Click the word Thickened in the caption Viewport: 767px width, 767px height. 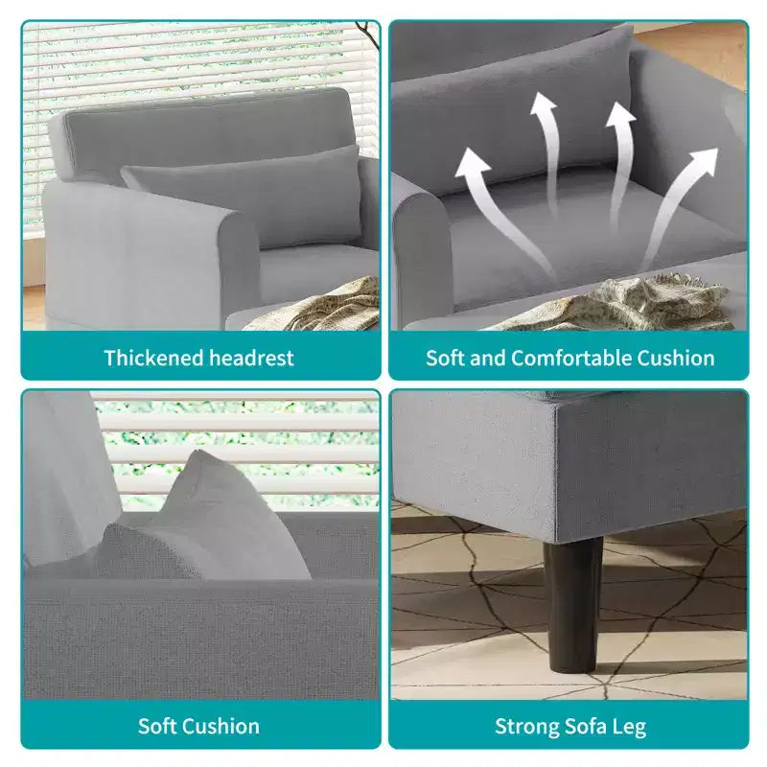153,358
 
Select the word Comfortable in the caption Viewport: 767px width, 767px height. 571,358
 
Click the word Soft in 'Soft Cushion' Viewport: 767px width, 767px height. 155,726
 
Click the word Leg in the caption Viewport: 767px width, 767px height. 629,728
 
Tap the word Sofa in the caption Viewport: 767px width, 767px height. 585,726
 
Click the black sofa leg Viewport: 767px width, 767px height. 572,605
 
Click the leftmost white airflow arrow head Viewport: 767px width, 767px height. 472,163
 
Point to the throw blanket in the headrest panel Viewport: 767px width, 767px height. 318,306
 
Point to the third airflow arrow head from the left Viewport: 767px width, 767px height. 620,114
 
